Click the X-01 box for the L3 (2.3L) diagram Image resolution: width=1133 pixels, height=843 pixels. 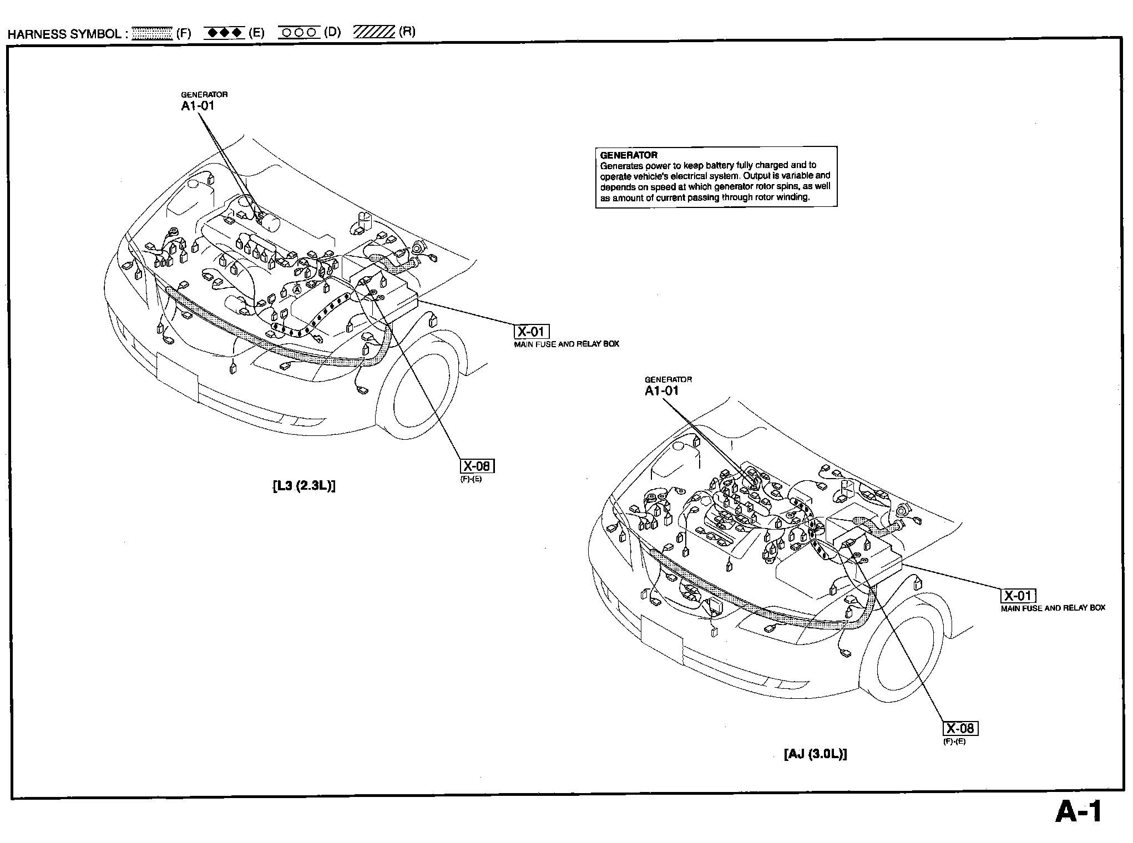pyautogui.click(x=532, y=332)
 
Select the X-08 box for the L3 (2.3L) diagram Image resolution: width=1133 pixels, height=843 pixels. pyautogui.click(x=477, y=466)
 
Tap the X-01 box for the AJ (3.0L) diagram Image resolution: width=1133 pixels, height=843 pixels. pyautogui.click(x=1018, y=596)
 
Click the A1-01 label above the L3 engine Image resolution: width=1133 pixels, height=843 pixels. pyautogui.click(x=198, y=106)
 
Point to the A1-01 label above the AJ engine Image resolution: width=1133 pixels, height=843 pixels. pyautogui.click(x=661, y=390)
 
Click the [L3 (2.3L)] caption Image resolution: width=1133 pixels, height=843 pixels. pyautogui.click(x=304, y=486)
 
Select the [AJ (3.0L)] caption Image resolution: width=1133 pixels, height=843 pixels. pyautogui.click(x=815, y=754)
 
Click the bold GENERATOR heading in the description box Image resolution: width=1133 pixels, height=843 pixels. pyautogui.click(x=629, y=155)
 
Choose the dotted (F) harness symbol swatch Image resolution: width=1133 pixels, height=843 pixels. pyautogui.click(x=153, y=33)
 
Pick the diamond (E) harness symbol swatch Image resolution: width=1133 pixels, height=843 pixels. pyautogui.click(x=224, y=33)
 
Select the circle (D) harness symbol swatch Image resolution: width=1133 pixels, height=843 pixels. pyautogui.click(x=299, y=32)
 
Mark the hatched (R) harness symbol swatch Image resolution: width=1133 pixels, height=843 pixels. pyautogui.click(x=373, y=32)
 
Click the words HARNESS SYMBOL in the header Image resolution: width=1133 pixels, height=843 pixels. pyautogui.click(x=64, y=34)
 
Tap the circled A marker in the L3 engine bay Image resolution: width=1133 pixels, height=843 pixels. pyautogui.click(x=297, y=289)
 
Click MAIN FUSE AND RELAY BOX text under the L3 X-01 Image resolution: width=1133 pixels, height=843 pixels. pyautogui.click(x=566, y=344)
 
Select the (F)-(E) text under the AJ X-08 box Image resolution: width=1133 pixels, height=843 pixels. pyautogui.click(x=954, y=742)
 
